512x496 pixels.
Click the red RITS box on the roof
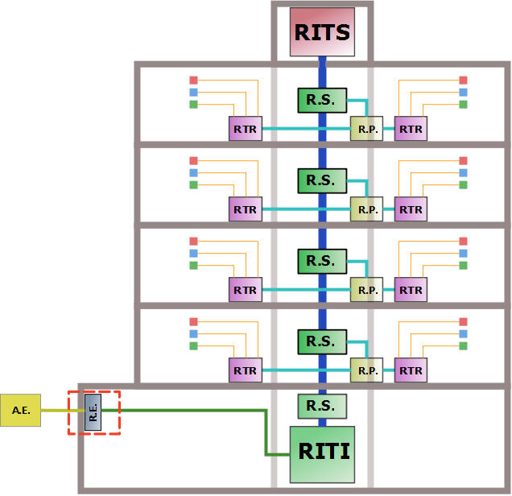pyautogui.click(x=322, y=32)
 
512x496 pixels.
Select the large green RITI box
pyautogui.click(x=322, y=454)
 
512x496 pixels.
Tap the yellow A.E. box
pyautogui.click(x=21, y=411)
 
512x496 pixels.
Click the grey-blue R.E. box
pyautogui.click(x=93, y=412)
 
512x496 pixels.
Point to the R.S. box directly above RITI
pyautogui.click(x=322, y=407)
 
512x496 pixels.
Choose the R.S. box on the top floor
pyautogui.click(x=322, y=101)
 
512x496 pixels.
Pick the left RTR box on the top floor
pyautogui.click(x=246, y=129)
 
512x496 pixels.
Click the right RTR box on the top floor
pyautogui.click(x=411, y=129)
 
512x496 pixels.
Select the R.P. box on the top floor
pyautogui.click(x=367, y=129)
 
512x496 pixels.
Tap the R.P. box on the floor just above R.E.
pyautogui.click(x=367, y=370)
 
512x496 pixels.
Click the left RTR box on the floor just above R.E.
pyautogui.click(x=246, y=370)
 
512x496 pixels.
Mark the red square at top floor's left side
pyautogui.click(x=194, y=80)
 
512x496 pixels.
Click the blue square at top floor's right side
pyautogui.click(x=463, y=93)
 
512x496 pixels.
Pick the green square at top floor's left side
pyautogui.click(x=194, y=105)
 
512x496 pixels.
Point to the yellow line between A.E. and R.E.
pyautogui.click(x=63, y=411)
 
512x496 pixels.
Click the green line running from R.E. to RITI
pyautogui.click(x=266, y=424)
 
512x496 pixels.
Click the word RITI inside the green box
pyautogui.click(x=324, y=451)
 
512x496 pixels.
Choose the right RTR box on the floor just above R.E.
pyautogui.click(x=411, y=370)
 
